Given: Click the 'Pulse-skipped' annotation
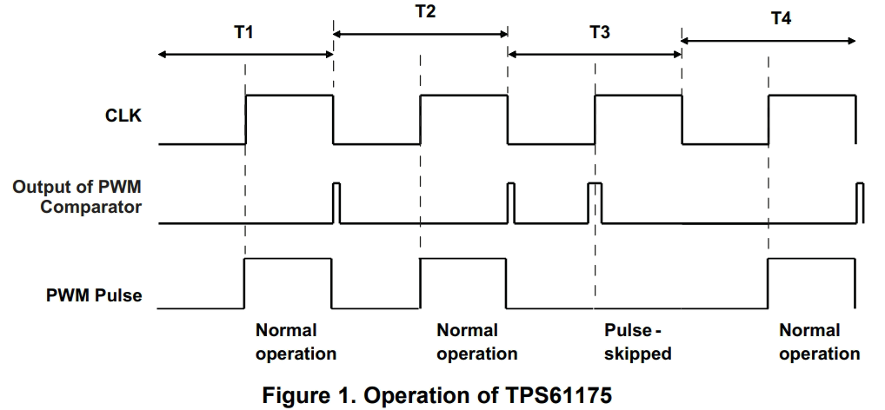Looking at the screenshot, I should pos(637,342).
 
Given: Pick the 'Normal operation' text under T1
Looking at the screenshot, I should pos(296,342).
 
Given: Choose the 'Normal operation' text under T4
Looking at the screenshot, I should pos(819,342).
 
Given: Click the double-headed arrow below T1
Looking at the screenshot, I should pos(246,55).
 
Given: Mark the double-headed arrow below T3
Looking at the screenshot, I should pos(595,55).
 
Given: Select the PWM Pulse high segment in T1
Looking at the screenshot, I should pos(288,261).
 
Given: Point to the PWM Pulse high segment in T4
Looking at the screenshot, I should pos(812,261).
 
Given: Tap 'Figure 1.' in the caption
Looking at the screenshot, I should pos(300,396).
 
